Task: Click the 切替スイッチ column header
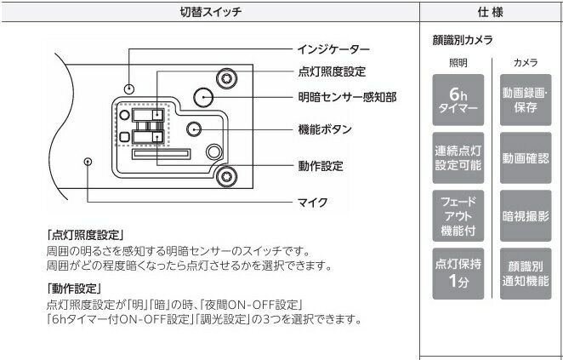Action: pyautogui.click(x=211, y=12)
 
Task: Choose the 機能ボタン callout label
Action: pyautogui.click(x=326, y=129)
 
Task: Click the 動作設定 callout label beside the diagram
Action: pyautogui.click(x=321, y=166)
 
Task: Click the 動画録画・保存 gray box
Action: pyautogui.click(x=525, y=100)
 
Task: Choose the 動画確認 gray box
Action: pyautogui.click(x=525, y=158)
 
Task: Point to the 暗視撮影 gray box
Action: pyautogui.click(x=525, y=215)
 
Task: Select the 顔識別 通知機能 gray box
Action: pyautogui.click(x=525, y=272)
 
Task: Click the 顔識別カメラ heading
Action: pyautogui.click(x=463, y=40)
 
